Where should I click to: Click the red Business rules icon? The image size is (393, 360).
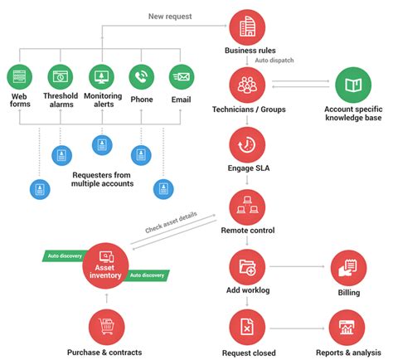point(246,27)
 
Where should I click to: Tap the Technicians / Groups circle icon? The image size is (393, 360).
point(246,85)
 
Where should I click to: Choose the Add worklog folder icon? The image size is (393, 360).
point(246,265)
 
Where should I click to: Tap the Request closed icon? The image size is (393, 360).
point(246,326)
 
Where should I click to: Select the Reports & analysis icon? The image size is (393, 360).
point(347,326)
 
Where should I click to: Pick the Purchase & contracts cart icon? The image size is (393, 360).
point(105,326)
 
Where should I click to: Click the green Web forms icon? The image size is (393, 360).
point(20,77)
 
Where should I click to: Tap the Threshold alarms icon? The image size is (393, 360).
point(61,77)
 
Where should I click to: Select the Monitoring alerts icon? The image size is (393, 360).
point(101,77)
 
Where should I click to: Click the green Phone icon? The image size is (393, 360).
point(142,77)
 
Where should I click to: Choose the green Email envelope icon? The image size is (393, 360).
point(182,77)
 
